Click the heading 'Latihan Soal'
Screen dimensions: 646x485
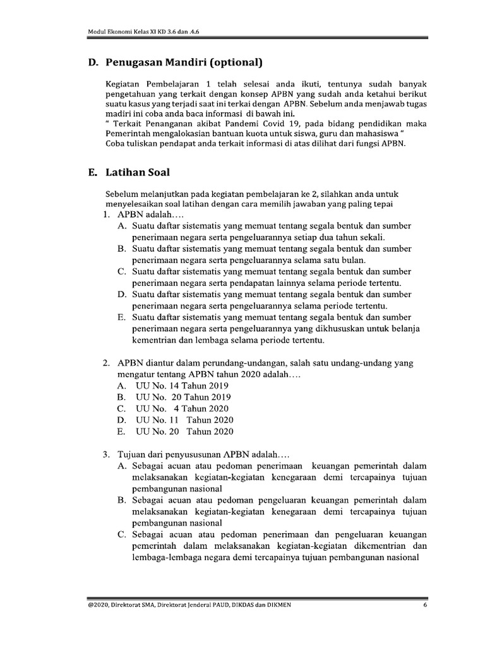138,171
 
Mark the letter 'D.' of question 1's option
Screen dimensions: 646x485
122,294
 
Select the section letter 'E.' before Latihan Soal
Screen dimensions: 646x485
93,171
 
